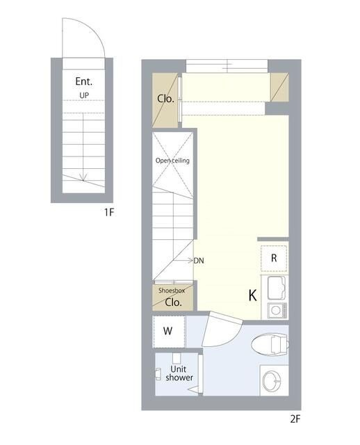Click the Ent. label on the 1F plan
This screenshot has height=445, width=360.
pos(84,81)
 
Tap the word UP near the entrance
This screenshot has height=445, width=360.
pos(84,95)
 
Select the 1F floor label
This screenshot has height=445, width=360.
pos(109,212)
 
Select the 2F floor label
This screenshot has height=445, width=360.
pos(295,419)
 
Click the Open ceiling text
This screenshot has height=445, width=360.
pos(172,161)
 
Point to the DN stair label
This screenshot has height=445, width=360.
pos(199,261)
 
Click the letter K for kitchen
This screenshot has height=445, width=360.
pos(252,296)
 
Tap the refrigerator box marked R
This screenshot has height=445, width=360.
pos(274,258)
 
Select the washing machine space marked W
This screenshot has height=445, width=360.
pos(169,332)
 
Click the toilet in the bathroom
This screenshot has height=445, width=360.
pos(270,344)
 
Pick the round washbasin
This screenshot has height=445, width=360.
pos(272,381)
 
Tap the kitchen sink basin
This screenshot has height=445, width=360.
pos(275,288)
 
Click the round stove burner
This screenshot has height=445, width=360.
pos(275,310)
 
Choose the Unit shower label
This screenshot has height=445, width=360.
pos(179,373)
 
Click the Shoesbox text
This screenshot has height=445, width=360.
pos(172,291)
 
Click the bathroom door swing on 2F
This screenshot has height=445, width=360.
pos(222,329)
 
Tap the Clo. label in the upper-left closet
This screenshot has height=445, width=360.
pos(165,99)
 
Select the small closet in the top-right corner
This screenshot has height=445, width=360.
pos(279,87)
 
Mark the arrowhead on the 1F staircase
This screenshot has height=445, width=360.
pos(83,177)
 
